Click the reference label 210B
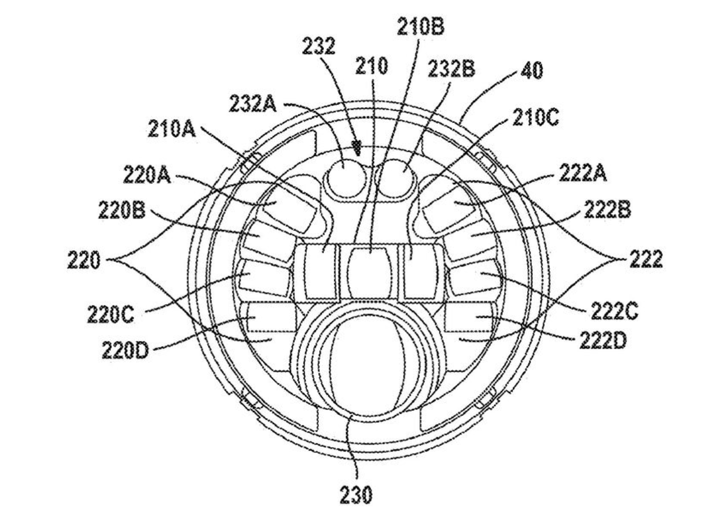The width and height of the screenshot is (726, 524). (420, 27)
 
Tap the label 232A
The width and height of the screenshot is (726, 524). (253, 104)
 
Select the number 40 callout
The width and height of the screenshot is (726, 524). (532, 70)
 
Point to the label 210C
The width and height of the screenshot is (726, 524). (536, 118)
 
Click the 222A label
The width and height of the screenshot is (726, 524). (583, 173)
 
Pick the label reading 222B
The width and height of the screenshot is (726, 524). (608, 210)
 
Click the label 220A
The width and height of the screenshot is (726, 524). (147, 175)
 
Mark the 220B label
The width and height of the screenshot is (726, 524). (122, 210)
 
